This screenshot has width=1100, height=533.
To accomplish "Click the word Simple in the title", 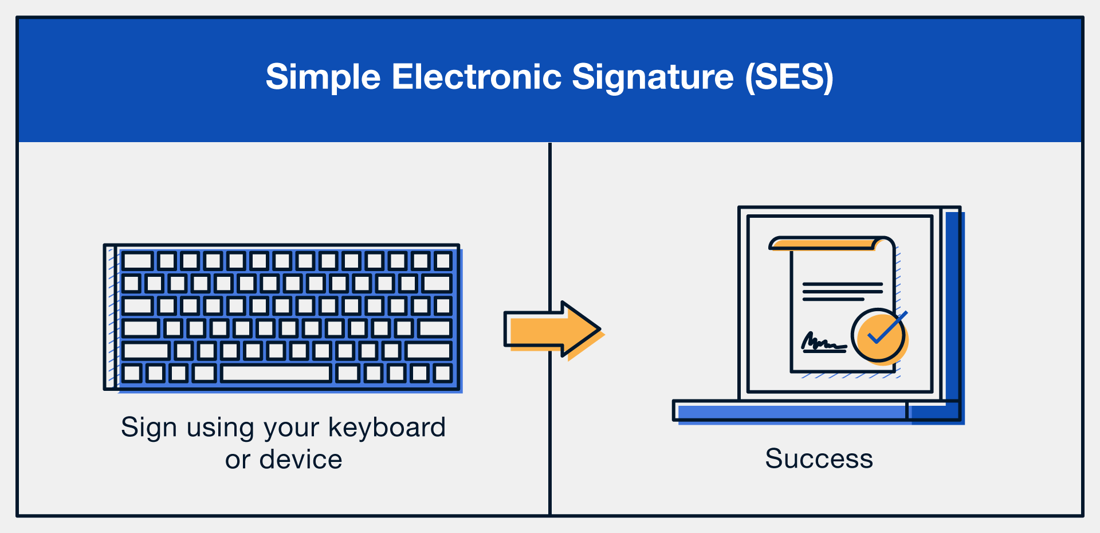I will point(323,77).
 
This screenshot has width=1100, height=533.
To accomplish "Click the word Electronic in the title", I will point(476,77).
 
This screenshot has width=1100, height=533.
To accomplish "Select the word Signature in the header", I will point(653,77).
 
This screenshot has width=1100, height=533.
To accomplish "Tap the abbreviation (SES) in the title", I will point(789,77).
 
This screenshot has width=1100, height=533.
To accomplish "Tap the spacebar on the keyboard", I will point(276,373).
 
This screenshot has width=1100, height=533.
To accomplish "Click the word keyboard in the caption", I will point(387,428).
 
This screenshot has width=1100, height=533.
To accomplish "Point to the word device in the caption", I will point(300,460).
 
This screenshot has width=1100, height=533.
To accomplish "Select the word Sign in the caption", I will point(148,428).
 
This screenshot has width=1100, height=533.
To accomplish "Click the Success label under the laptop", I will point(819,458).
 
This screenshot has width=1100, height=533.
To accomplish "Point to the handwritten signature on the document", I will point(823,343).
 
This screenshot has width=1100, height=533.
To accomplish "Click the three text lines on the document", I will point(842,291).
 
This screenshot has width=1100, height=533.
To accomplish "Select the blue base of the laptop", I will point(791,411).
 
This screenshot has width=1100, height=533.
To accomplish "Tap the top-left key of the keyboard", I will point(137,261).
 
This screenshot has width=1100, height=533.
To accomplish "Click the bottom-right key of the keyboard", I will point(443,373).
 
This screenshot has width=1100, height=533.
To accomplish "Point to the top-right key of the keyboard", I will point(443,261).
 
